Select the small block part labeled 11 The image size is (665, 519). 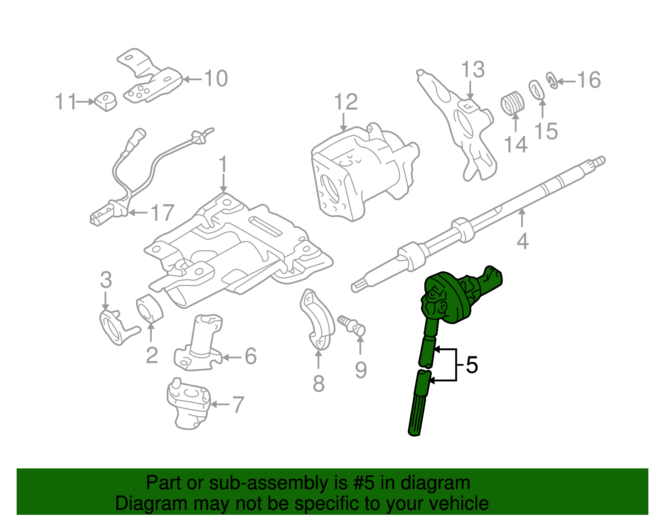[x=106, y=101]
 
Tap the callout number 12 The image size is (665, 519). [x=346, y=102]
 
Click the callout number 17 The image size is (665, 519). [x=162, y=213]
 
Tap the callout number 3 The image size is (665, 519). [x=106, y=280]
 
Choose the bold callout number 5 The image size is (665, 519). [x=472, y=365]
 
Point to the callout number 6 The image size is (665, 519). [x=250, y=356]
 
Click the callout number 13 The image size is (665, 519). [x=473, y=70]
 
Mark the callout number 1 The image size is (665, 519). [x=223, y=165]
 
